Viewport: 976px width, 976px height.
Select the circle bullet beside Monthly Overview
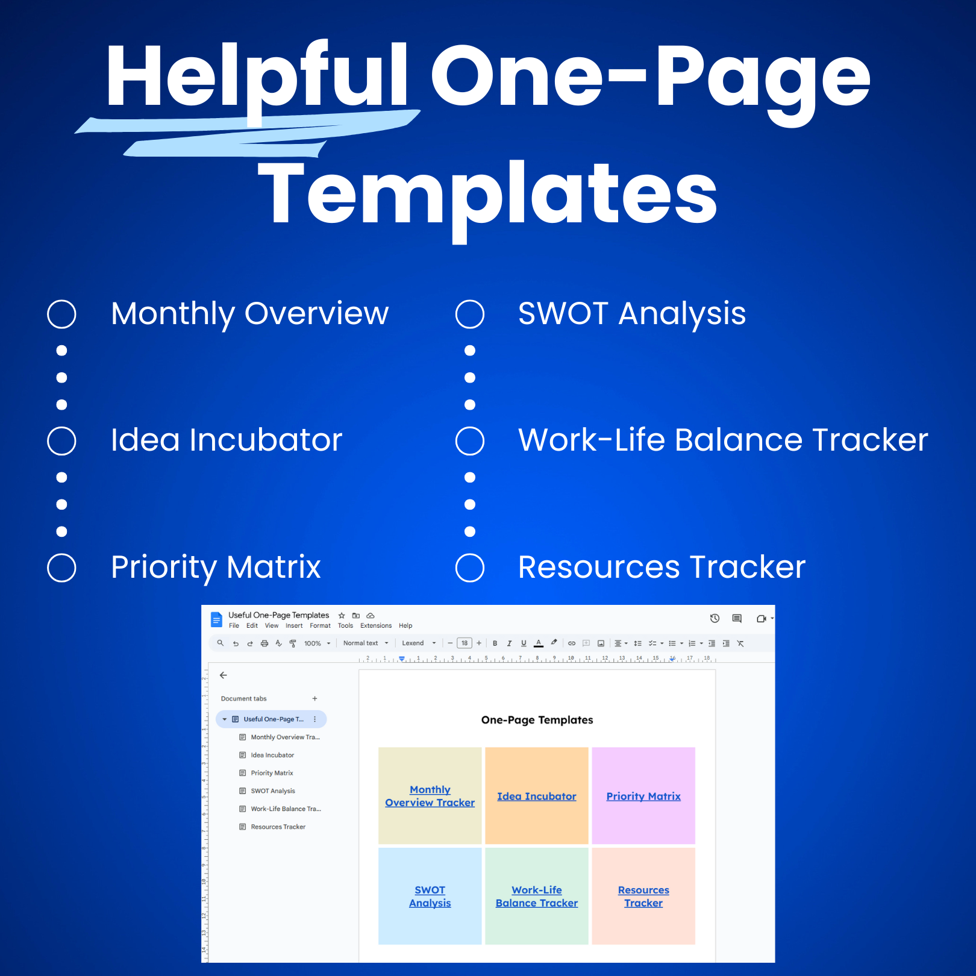61,314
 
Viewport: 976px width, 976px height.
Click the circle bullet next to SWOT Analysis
470,314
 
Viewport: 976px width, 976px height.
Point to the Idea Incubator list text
227,440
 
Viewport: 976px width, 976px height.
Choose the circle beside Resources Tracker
470,568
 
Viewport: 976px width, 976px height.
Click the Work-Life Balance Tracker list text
723,440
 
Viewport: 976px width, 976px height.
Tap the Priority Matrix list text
216,567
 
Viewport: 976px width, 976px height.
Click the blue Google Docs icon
216,619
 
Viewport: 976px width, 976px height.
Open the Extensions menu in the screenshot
376,626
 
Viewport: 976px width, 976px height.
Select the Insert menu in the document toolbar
294,626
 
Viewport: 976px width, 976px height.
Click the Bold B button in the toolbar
495,643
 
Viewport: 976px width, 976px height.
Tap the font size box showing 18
465,643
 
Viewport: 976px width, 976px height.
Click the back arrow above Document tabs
224,675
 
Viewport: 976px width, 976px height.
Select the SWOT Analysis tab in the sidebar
273,791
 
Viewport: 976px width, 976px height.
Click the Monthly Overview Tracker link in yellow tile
430,796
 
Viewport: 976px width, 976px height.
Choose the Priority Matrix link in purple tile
643,796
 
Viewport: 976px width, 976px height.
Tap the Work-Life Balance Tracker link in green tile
536,896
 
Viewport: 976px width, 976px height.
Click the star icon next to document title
342,616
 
